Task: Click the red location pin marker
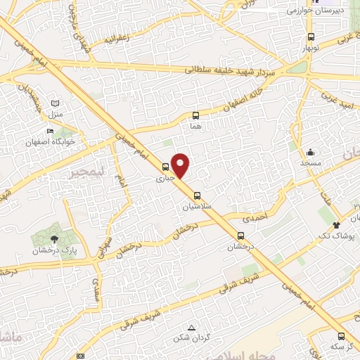pos(181,165)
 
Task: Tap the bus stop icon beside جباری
pos(165,167)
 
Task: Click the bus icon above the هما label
pos(195,115)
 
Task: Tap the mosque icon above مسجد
pos(310,152)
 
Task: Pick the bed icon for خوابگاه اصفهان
pos(49,131)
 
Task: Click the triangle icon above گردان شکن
pos(193,328)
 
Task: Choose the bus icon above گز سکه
pos(341,336)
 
